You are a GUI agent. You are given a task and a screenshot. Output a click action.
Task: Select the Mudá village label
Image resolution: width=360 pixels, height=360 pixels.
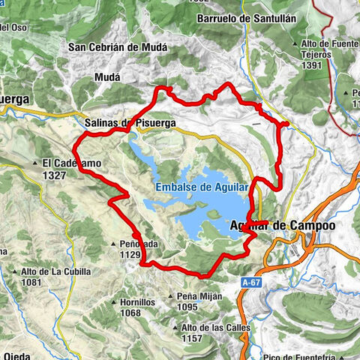tap(107, 76)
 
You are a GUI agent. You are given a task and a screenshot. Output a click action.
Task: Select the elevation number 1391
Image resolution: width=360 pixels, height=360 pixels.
tap(310, 65)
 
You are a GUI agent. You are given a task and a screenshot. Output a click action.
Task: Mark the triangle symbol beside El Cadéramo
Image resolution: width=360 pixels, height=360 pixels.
tap(35, 163)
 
